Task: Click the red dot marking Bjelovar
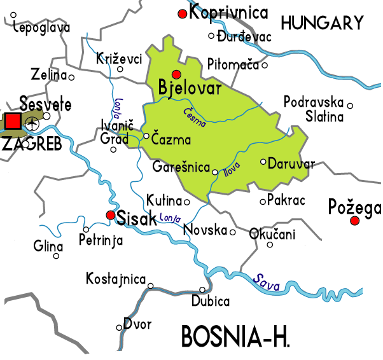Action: click(176, 74)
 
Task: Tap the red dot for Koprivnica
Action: click(183, 14)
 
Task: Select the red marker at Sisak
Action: click(111, 216)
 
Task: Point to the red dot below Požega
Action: click(355, 221)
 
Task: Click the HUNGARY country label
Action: click(322, 24)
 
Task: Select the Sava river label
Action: click(267, 282)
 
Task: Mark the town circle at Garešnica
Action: click(214, 172)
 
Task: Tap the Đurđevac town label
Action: click(244, 37)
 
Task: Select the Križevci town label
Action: click(118, 59)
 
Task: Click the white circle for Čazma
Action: click(146, 135)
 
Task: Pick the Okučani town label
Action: click(272, 234)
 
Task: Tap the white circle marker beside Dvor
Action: click(119, 328)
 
